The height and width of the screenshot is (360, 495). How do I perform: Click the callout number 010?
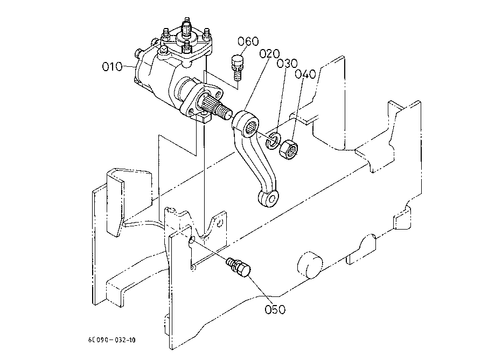tap(112, 67)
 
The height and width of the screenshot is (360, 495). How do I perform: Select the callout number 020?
tap(270, 54)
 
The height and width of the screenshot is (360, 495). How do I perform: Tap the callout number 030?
tap(287, 64)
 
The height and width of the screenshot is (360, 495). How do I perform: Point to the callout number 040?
tap(305, 74)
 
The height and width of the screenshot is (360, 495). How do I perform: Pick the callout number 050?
tap(275, 309)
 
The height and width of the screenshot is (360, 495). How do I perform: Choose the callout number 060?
tap(248, 41)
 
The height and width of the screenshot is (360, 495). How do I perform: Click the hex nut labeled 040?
tap(288, 150)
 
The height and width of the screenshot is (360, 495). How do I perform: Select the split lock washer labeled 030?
tap(273, 140)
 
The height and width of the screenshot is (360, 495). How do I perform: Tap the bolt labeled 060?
tap(237, 68)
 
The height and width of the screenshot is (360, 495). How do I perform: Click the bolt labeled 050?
tap(239, 268)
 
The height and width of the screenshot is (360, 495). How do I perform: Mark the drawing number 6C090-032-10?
tap(111, 340)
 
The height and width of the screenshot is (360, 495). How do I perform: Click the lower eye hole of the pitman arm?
tap(270, 199)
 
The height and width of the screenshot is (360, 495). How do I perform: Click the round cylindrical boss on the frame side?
tap(310, 265)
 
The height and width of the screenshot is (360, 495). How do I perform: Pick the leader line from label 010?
tap(129, 67)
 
